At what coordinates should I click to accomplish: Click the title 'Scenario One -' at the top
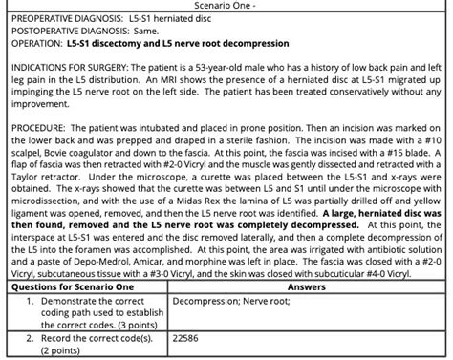click(226, 6)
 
